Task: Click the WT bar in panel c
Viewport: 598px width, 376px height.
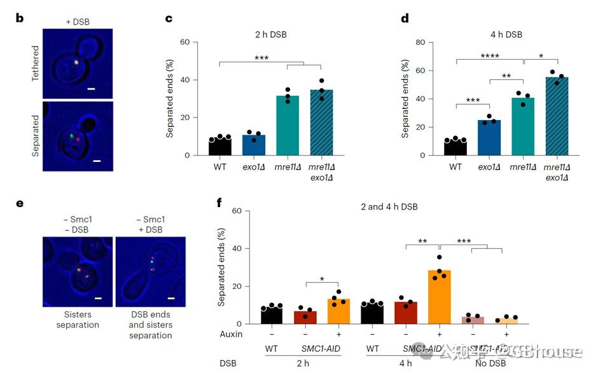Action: pyautogui.click(x=220, y=147)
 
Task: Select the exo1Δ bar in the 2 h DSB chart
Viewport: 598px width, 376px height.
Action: pyautogui.click(x=253, y=145)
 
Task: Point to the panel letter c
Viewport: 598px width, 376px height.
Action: pyautogui.click(x=169, y=18)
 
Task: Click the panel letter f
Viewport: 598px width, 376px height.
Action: pyautogui.click(x=219, y=203)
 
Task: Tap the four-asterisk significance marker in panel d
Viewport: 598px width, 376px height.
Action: pyautogui.click(x=490, y=56)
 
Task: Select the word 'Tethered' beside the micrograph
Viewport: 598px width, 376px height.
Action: pyautogui.click(x=36, y=62)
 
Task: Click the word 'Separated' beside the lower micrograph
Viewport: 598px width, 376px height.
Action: pyautogui.click(x=36, y=135)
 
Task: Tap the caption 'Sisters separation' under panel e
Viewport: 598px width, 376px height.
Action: pyautogui.click(x=77, y=319)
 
